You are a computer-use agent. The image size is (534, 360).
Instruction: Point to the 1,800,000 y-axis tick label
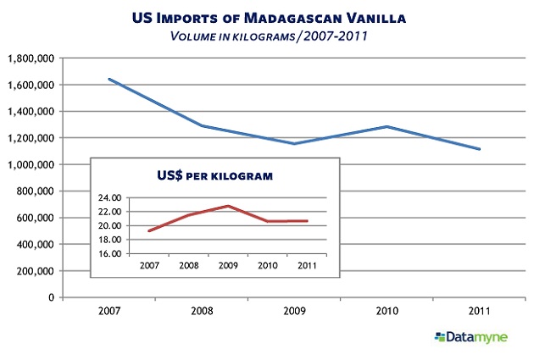point(31,58)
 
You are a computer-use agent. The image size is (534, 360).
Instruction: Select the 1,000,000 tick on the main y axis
point(31,164)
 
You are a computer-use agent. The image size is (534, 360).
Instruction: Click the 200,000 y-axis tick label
point(36,271)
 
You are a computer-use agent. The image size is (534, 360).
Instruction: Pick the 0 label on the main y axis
point(53,298)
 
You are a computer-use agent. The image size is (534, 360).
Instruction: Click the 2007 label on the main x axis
point(108,312)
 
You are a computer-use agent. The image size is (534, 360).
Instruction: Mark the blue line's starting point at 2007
point(109,79)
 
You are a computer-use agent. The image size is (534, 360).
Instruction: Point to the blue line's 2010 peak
point(387,127)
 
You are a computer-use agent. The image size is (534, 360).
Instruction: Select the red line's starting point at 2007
point(149,230)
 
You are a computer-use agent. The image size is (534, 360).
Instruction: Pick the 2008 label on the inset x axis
point(189,263)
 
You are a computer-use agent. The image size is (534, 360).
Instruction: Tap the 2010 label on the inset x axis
point(267,263)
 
